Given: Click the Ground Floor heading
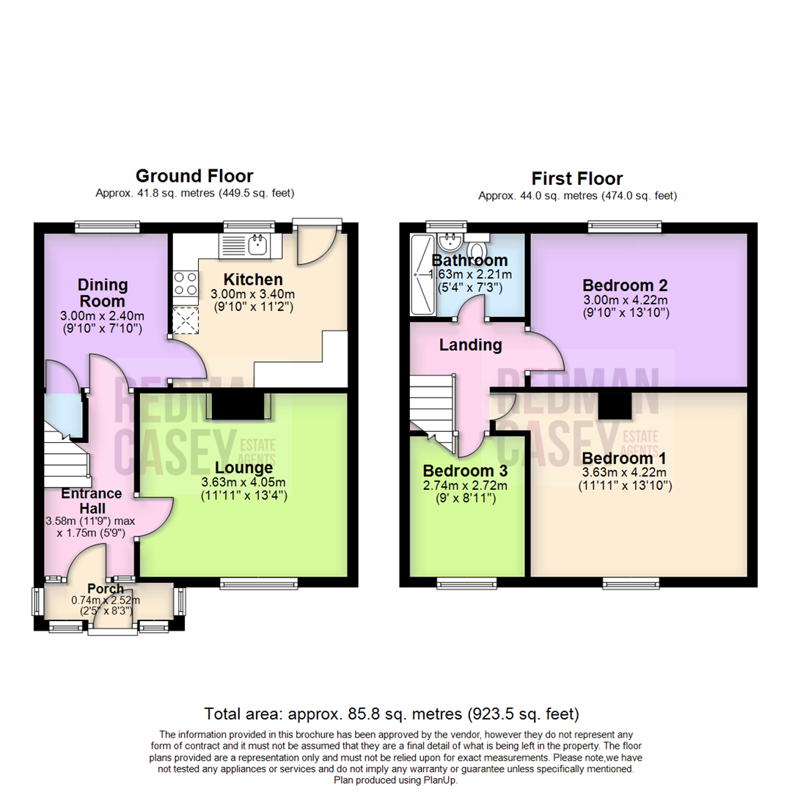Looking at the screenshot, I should click(194, 176).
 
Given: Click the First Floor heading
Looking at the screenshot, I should click(577, 178).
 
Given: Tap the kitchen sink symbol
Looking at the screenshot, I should click(258, 245).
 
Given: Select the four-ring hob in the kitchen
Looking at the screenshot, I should click(184, 283).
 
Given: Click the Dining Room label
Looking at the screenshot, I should click(103, 293).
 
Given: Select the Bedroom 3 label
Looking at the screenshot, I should click(466, 470).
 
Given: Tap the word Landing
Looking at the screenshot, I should click(470, 345).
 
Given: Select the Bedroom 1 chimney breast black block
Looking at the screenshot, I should click(614, 405).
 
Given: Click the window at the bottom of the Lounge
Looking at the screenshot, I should click(246, 583).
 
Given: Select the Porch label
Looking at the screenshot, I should click(106, 589).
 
